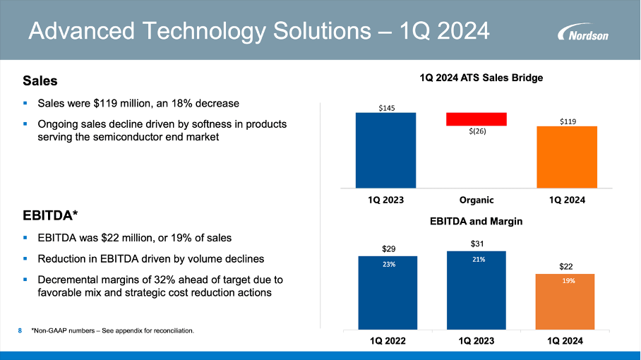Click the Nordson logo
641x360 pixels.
point(582,33)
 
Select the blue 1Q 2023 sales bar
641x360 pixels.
point(385,150)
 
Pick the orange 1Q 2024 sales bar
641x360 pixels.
point(567,157)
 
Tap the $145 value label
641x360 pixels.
point(385,108)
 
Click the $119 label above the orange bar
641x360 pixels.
point(568,121)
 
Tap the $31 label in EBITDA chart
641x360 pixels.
point(477,244)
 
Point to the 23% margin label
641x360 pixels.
point(388,265)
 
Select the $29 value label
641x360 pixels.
point(388,248)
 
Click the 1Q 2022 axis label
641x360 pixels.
point(388,341)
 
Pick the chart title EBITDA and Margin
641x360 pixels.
point(476,221)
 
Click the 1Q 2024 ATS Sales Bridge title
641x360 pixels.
point(481,78)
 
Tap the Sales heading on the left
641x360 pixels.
point(40,81)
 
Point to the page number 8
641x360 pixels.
point(20,330)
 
